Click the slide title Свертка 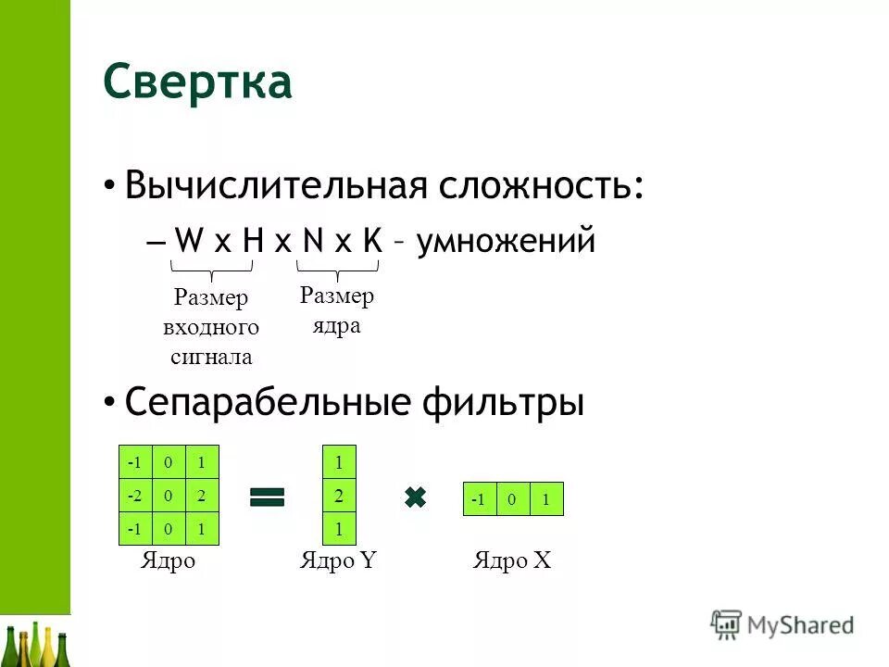tap(197, 82)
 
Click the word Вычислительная tap(274, 185)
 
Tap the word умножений tap(506, 242)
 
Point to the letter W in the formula tap(189, 243)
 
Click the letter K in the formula tap(372, 243)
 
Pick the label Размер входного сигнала tap(211, 327)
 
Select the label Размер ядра tap(337, 311)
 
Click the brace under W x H tap(212, 270)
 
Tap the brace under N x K tap(337, 270)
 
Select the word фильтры tap(504, 403)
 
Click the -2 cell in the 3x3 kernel tap(136, 496)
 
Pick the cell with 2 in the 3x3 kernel tap(203, 496)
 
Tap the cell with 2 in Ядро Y tap(339, 496)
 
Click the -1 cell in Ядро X tap(478, 500)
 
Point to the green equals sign tap(267, 497)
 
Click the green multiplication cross tap(415, 497)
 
